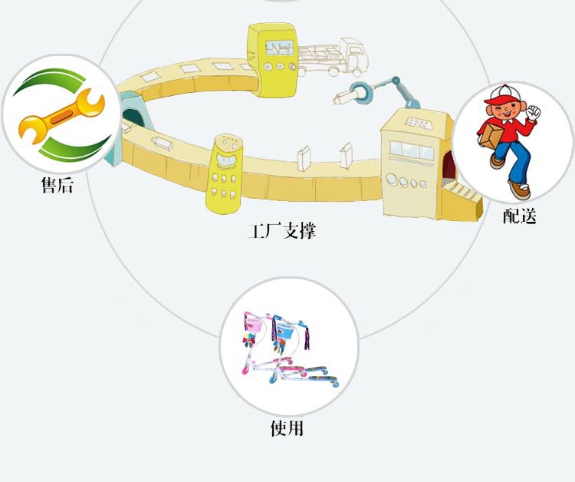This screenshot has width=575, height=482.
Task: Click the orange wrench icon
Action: tap(61, 116)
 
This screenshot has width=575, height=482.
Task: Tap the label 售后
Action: tap(58, 185)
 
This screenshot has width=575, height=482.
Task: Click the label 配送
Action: tap(520, 216)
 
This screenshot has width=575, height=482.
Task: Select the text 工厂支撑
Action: tap(281, 230)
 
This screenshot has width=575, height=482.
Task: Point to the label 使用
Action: tap(287, 428)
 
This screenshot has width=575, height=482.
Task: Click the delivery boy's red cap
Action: tap(501, 94)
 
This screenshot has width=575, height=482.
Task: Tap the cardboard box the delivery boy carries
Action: tap(491, 135)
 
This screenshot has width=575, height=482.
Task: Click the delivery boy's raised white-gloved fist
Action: tap(533, 111)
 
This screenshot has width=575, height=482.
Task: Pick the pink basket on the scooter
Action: tap(255, 325)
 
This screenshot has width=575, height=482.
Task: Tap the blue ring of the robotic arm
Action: tap(360, 91)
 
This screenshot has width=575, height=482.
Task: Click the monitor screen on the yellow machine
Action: tap(280, 48)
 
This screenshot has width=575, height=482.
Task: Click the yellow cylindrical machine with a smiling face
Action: tap(225, 173)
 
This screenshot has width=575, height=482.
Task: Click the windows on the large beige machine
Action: tap(411, 150)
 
